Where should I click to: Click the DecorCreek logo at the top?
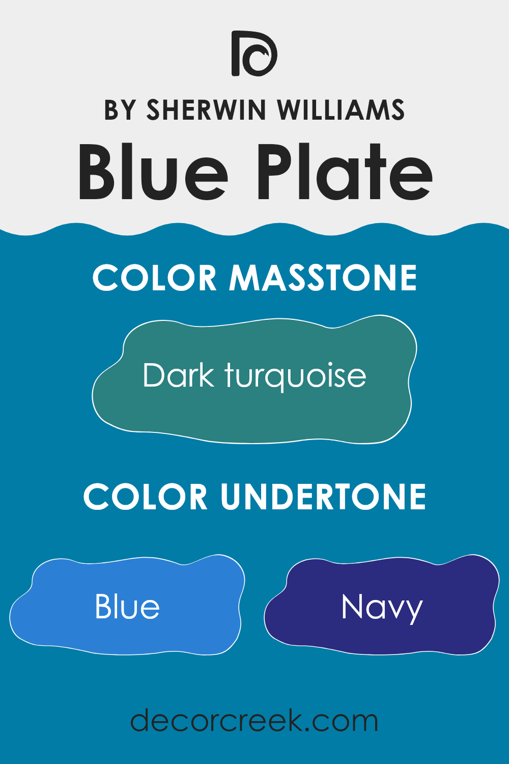click(254, 53)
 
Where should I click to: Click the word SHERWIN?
click(206, 110)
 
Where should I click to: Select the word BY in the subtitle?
click(120, 110)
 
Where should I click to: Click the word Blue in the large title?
click(153, 172)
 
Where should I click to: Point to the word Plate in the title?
click(345, 172)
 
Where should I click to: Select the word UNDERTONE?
click(323, 496)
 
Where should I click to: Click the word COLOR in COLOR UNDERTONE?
click(146, 496)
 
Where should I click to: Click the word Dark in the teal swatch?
click(179, 375)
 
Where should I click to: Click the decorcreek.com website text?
click(254, 720)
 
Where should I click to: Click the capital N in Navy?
click(352, 607)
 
